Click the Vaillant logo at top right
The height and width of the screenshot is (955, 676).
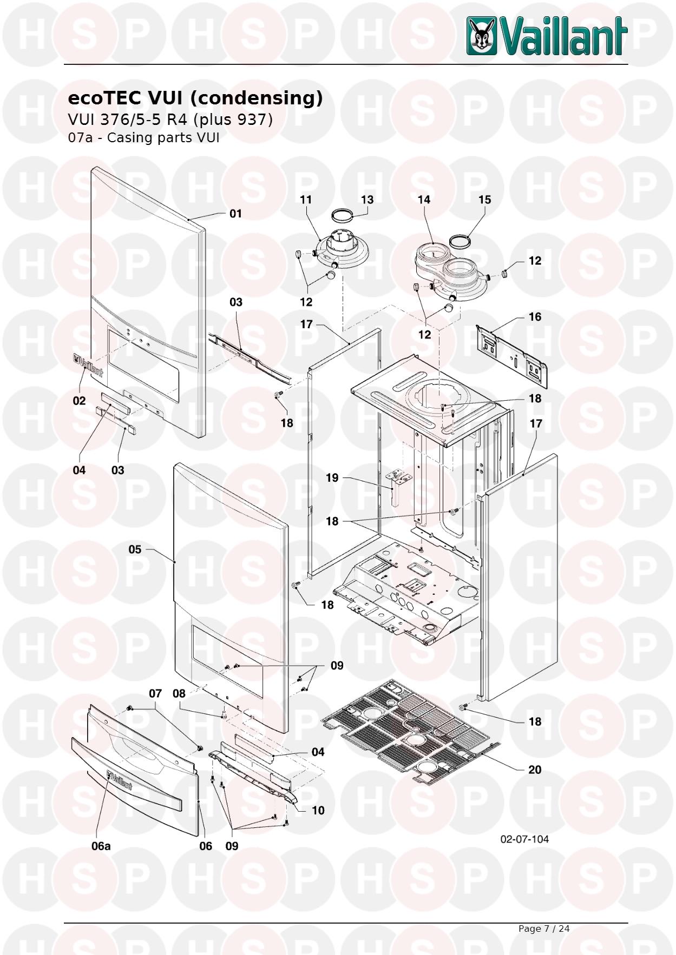[x=547, y=36]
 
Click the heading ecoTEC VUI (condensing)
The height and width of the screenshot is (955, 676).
[x=195, y=98]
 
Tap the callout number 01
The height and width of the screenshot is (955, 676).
[x=235, y=214]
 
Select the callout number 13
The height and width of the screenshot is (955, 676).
[x=367, y=200]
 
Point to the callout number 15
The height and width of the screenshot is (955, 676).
[x=484, y=200]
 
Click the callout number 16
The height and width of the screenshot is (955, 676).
[x=535, y=316]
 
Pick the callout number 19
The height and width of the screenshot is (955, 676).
[x=332, y=477]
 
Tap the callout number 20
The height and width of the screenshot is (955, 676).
[x=534, y=770]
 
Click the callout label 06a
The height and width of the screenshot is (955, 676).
[x=101, y=846]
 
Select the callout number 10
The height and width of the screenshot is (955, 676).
[x=318, y=810]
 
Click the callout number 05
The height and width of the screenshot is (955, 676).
[x=135, y=549]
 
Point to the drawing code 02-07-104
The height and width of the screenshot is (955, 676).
[x=524, y=839]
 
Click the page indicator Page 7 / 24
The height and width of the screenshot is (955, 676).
[x=544, y=929]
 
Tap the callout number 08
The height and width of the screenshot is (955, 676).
[x=179, y=693]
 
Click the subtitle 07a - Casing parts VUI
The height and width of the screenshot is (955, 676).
[x=143, y=137]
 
